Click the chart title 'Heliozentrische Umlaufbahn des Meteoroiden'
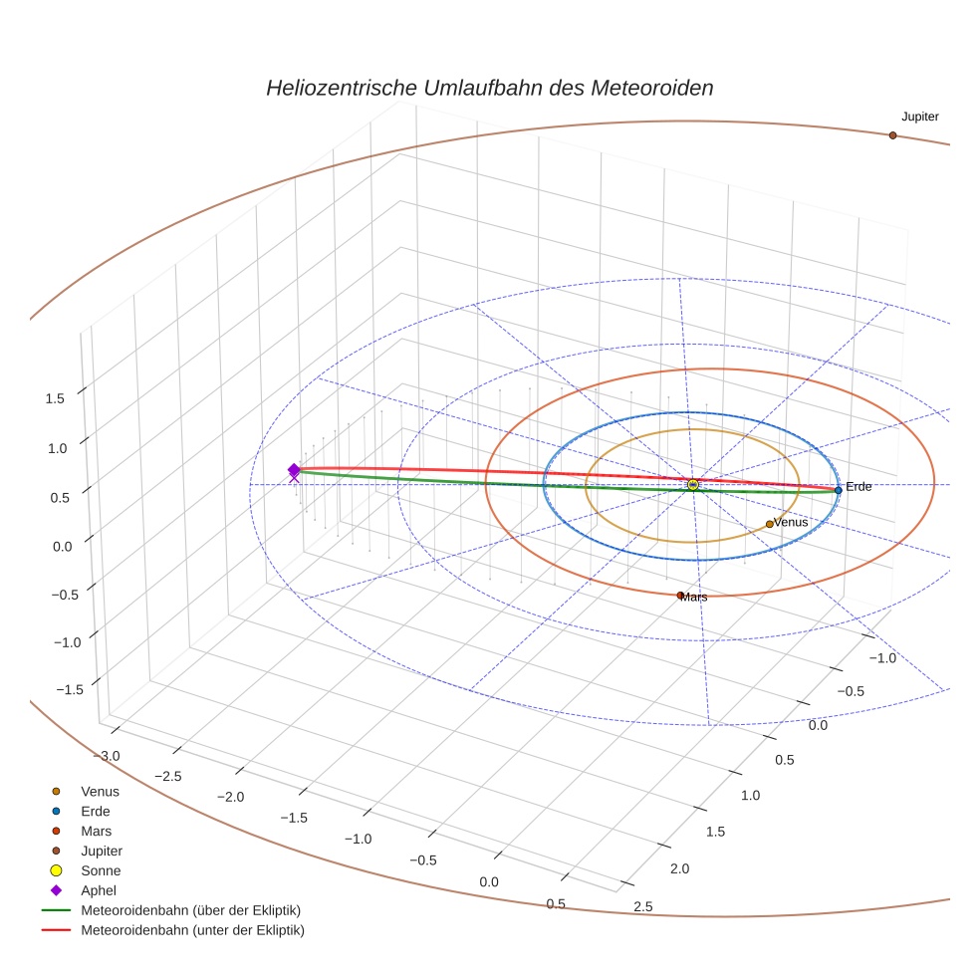[x=489, y=88]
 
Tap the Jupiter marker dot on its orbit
[x=892, y=135]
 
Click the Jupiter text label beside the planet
[x=919, y=117]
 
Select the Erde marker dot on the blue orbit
[x=839, y=490]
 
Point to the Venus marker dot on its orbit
[x=769, y=524]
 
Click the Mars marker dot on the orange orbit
[x=680, y=596]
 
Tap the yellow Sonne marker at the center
[x=693, y=485]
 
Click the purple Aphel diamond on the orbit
[x=294, y=470]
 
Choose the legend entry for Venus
[x=100, y=792]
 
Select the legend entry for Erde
[x=96, y=812]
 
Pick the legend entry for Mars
[x=96, y=832]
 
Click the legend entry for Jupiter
[x=101, y=852]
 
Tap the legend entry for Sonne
[x=101, y=871]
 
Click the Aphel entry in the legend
[x=98, y=890]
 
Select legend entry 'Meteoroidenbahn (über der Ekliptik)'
[x=190, y=910]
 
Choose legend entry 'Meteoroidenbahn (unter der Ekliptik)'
[x=192, y=931]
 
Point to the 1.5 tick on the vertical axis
[x=55, y=398]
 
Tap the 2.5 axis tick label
[x=643, y=906]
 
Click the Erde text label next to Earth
[x=858, y=486]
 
